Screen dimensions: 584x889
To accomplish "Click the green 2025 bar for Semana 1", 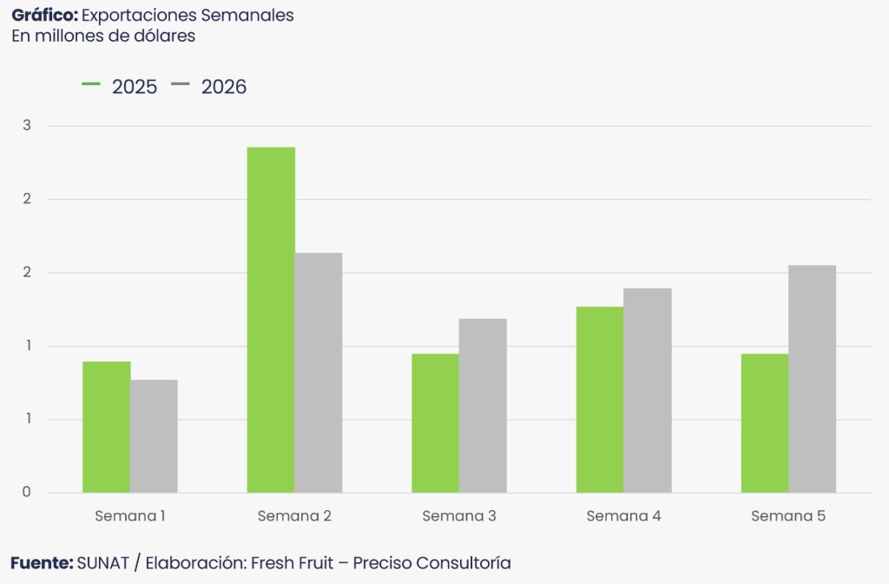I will click(x=106, y=427).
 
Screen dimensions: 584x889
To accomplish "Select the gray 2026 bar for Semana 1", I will click(x=154, y=436).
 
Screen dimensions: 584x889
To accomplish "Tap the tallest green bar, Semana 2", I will click(x=271, y=320).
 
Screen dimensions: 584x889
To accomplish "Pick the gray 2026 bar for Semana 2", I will click(x=319, y=373).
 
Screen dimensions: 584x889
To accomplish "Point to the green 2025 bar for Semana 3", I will click(x=435, y=423).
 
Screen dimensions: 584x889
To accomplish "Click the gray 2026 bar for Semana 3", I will click(x=483, y=406).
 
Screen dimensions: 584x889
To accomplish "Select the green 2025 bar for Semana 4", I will click(x=600, y=400).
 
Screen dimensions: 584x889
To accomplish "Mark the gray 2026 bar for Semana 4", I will click(x=648, y=390).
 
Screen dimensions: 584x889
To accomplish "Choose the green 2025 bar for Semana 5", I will click(x=765, y=423).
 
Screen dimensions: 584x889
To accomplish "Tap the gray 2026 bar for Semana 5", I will click(x=813, y=379).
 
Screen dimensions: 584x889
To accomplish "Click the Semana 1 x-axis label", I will click(x=130, y=516).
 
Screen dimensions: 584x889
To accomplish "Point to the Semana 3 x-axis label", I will click(x=459, y=516).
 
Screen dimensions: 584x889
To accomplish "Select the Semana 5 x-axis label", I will click(x=788, y=516).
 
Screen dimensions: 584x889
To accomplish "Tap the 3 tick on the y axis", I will click(x=27, y=126).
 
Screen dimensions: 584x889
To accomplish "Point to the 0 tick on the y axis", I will click(x=27, y=493).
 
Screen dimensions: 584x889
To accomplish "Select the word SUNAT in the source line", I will click(x=102, y=563).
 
